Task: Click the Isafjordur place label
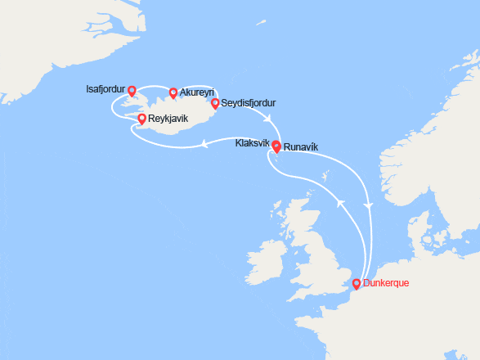click(x=105, y=88)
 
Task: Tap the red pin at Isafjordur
click(x=132, y=90)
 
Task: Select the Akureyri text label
click(x=197, y=92)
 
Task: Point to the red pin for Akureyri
click(x=173, y=92)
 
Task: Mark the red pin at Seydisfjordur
click(x=215, y=103)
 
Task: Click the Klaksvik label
click(x=252, y=142)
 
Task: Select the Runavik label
click(x=301, y=147)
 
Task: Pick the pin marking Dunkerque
click(x=356, y=284)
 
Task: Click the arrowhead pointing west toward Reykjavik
click(x=202, y=144)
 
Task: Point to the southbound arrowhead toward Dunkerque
click(x=370, y=205)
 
